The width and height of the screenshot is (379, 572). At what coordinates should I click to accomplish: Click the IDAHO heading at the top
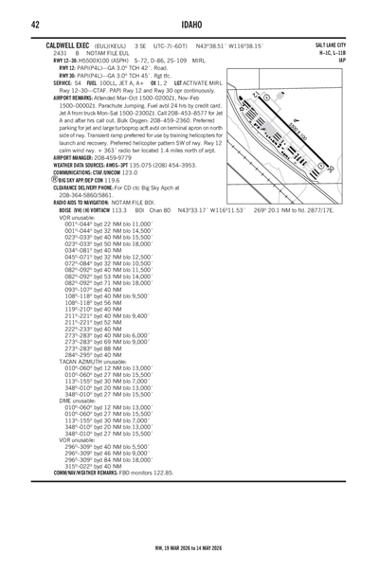[189, 25]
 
